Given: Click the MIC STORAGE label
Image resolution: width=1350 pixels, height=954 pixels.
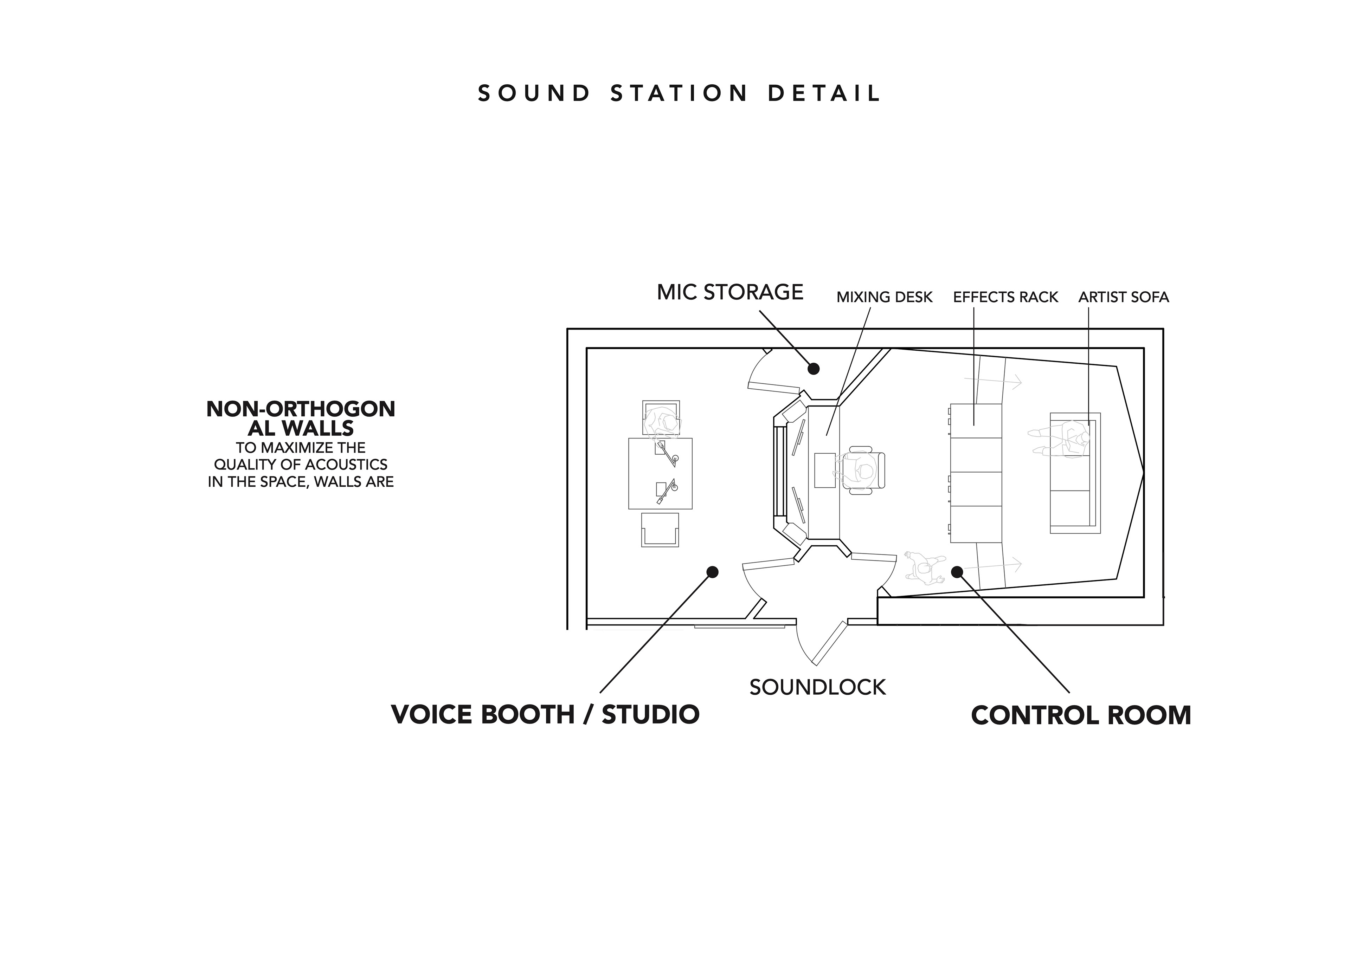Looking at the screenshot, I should (730, 292).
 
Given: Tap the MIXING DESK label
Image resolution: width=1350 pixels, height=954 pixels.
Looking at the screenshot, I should (884, 297).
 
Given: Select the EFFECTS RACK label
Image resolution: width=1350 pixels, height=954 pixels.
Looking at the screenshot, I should (1005, 297).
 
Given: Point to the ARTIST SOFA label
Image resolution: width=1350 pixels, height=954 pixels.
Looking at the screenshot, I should (1124, 297).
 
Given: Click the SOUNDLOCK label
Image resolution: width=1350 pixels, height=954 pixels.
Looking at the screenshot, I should (817, 687).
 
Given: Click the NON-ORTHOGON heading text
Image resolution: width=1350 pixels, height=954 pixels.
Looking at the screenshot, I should (301, 409).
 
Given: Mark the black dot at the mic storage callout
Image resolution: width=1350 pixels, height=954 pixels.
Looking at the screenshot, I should (813, 369).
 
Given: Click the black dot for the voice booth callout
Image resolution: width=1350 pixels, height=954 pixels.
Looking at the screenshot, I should (713, 572).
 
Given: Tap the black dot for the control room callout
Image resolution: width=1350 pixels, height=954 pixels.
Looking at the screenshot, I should (957, 571).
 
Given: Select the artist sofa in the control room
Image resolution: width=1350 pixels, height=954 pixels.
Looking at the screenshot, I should (1075, 473).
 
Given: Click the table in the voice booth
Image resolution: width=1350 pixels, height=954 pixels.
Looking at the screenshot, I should (660, 473).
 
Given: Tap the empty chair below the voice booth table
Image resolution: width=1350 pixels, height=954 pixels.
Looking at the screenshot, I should (660, 531).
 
